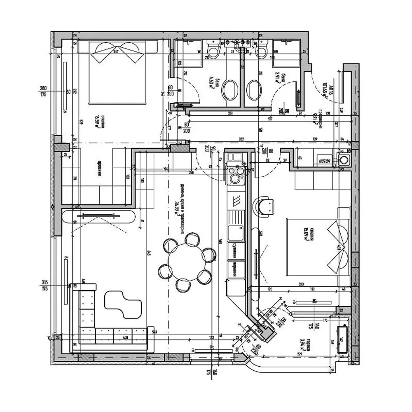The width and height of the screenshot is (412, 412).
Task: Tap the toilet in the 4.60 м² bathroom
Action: (x=213, y=52)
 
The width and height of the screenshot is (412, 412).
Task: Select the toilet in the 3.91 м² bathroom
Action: (x=261, y=52)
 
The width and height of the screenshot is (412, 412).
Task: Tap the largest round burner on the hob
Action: (x=235, y=179)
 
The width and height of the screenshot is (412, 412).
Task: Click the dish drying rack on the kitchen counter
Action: (x=236, y=201)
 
